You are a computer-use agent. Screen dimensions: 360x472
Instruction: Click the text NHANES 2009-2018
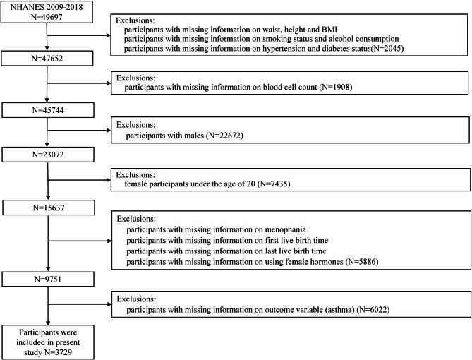45,6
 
